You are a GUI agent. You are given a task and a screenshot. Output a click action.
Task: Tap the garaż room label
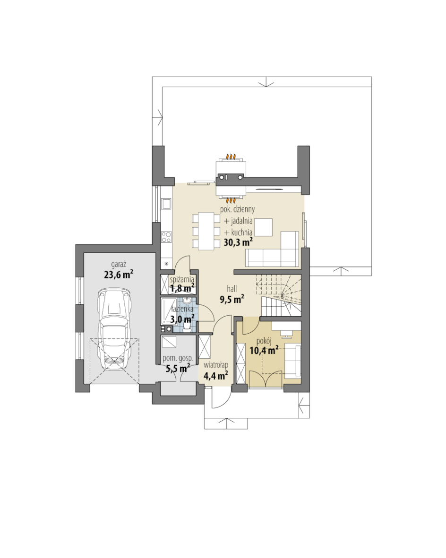pyautogui.click(x=118, y=265)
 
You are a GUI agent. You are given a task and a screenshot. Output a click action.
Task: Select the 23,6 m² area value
pyautogui.click(x=119, y=274)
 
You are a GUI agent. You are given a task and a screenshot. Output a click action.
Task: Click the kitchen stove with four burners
pyautogui.click(x=166, y=237)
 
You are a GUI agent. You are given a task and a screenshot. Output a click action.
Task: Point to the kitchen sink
pyautogui.click(x=166, y=204)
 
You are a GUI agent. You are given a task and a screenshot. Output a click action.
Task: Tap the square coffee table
pyautogui.click(x=263, y=227)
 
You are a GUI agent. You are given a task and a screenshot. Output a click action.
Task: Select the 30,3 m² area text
pyautogui.click(x=238, y=242)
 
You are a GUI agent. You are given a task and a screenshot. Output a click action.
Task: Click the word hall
pyautogui.click(x=232, y=289)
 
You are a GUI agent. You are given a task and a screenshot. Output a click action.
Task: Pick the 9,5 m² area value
pyautogui.click(x=232, y=299)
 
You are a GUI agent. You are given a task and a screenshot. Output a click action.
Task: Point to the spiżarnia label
pyautogui.click(x=181, y=279)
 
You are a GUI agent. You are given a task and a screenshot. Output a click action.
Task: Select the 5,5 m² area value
pyautogui.click(x=178, y=368)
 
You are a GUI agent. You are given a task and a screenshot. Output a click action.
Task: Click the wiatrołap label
pyautogui.click(x=216, y=365)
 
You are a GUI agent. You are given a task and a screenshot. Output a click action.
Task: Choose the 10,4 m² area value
pyautogui.click(x=264, y=351)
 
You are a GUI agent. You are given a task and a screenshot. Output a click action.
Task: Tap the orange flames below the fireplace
pyautogui.click(x=232, y=200)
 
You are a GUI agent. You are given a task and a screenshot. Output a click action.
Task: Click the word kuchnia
pyautogui.click(x=241, y=232)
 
